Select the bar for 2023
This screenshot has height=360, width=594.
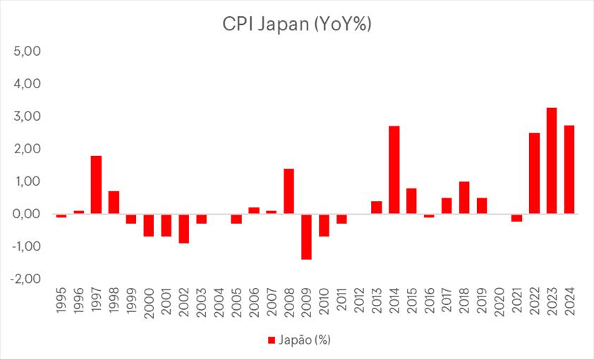pos(552,161)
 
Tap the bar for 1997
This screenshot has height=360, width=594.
pos(96,185)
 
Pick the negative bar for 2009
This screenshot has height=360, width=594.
pos(306,236)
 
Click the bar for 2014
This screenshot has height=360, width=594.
pos(394,170)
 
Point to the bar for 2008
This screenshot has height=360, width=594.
pos(289,191)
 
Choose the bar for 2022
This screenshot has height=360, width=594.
pos(534,173)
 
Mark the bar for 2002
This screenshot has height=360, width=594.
pos(183,228)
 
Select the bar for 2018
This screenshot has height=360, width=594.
pos(464,198)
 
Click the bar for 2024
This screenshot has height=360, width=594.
pos(569,169)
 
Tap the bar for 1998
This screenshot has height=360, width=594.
pos(114,203)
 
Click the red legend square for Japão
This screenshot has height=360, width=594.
pos(270,340)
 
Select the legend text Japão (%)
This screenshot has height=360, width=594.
pos(304,340)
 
